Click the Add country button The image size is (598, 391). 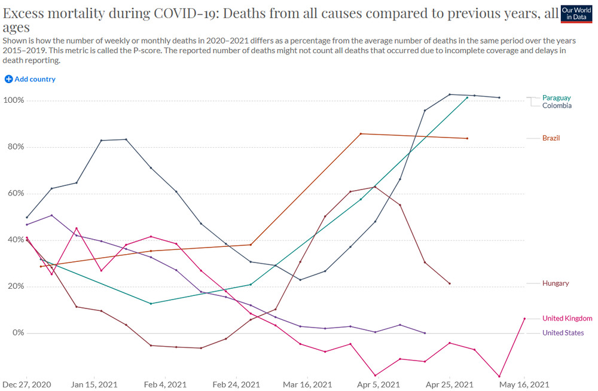pyautogui.click(x=30, y=79)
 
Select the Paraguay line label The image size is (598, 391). pyautogui.click(x=556, y=97)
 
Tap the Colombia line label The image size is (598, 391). pyautogui.click(x=557, y=106)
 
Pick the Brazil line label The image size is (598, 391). pyautogui.click(x=551, y=138)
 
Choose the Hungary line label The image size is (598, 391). pyautogui.click(x=556, y=283)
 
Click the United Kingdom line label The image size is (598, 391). pyautogui.click(x=567, y=318)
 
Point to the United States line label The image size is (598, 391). pyautogui.click(x=563, y=332)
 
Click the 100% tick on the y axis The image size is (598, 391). pyautogui.click(x=14, y=100)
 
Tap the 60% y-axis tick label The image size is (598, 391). pyautogui.click(x=16, y=194)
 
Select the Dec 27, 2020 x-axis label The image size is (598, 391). pyautogui.click(x=27, y=384)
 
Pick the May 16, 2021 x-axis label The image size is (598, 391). pyautogui.click(x=524, y=384)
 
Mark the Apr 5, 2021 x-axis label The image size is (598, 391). pyautogui.click(x=379, y=384)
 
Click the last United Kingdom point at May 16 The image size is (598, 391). pyautogui.click(x=524, y=319)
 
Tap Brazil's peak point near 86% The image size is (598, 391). pyautogui.click(x=361, y=134)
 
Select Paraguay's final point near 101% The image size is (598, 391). pyautogui.click(x=467, y=97)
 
